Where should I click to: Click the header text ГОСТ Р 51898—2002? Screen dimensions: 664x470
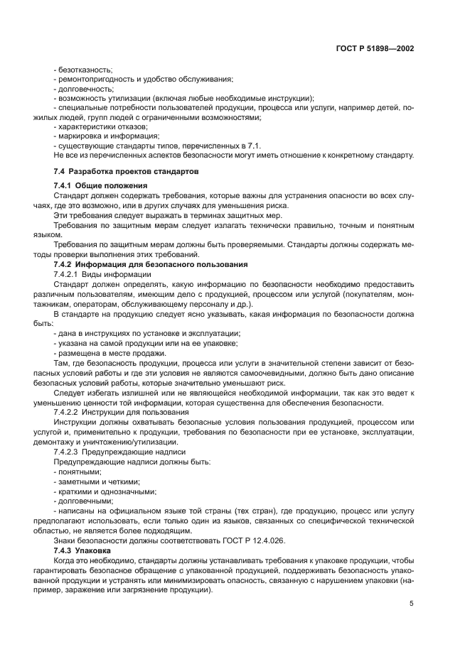tap(375, 49)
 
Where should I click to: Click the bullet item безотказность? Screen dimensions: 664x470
tap(83, 70)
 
